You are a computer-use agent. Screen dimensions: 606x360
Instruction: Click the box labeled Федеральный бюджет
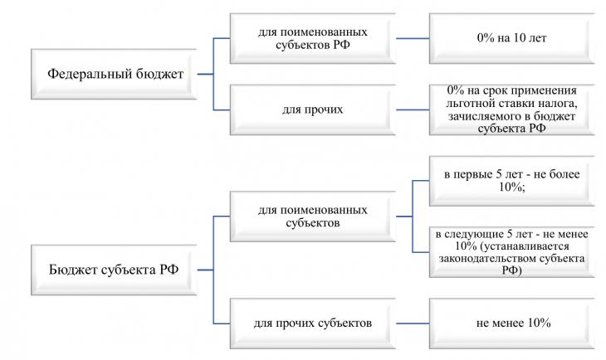click(114, 74)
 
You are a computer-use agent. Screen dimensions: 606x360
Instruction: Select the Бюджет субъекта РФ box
click(114, 270)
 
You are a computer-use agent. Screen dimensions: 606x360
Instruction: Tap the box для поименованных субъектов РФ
click(313, 38)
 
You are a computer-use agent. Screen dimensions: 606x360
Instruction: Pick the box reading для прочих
click(313, 109)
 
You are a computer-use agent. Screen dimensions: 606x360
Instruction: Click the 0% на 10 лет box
click(511, 38)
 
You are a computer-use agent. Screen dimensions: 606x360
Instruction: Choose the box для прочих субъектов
click(313, 324)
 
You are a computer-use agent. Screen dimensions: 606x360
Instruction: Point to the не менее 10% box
click(511, 324)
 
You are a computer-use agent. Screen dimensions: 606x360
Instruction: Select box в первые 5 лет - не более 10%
click(511, 181)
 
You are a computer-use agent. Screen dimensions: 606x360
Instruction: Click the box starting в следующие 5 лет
click(511, 252)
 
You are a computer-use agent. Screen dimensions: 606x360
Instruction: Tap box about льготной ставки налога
click(511, 109)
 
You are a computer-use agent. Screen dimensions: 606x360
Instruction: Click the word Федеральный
click(85, 73)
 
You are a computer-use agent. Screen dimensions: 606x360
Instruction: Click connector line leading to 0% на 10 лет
click(413, 38)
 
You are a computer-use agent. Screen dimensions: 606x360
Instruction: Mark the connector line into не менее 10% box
click(413, 324)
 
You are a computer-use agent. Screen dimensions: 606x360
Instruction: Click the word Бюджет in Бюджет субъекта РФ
click(73, 270)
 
